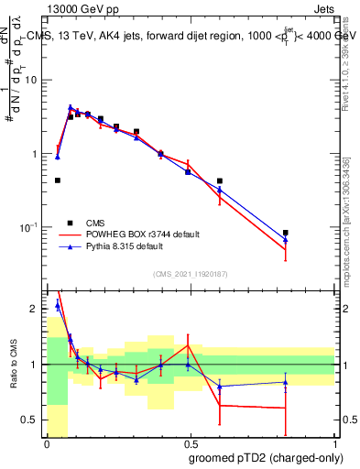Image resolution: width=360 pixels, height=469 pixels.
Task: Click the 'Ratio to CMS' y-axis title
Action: click(x=14, y=365)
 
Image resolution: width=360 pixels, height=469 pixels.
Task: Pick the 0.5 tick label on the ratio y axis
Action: click(x=32, y=420)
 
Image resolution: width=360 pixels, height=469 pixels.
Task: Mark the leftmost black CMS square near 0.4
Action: click(x=58, y=180)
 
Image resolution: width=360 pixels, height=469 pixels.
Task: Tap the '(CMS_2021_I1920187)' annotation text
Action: click(x=191, y=274)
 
